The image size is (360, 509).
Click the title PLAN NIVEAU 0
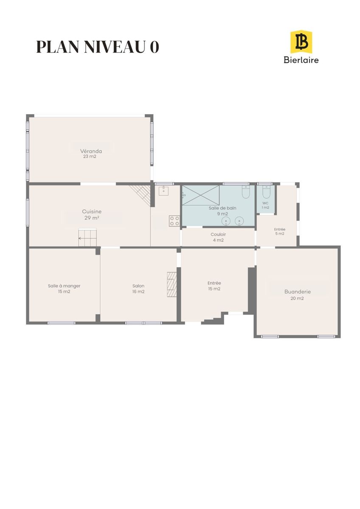98,47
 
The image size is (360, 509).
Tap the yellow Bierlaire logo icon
301,42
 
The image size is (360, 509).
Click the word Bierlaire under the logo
301,59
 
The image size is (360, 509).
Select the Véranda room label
91,151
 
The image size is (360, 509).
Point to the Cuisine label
92,211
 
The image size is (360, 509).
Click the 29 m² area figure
92,218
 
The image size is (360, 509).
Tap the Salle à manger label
64,286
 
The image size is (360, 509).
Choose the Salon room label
138,285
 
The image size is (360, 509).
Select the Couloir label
218,234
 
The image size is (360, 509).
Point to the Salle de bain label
222,208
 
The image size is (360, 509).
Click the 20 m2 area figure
297,298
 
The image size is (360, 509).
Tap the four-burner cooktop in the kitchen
174,221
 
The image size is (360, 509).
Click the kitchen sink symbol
163,190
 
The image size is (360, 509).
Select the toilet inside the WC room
266,192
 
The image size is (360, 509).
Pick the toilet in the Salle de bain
246,192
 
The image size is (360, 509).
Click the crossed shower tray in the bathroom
201,195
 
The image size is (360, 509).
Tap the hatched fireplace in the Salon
172,284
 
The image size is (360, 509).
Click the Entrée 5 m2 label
280,232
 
